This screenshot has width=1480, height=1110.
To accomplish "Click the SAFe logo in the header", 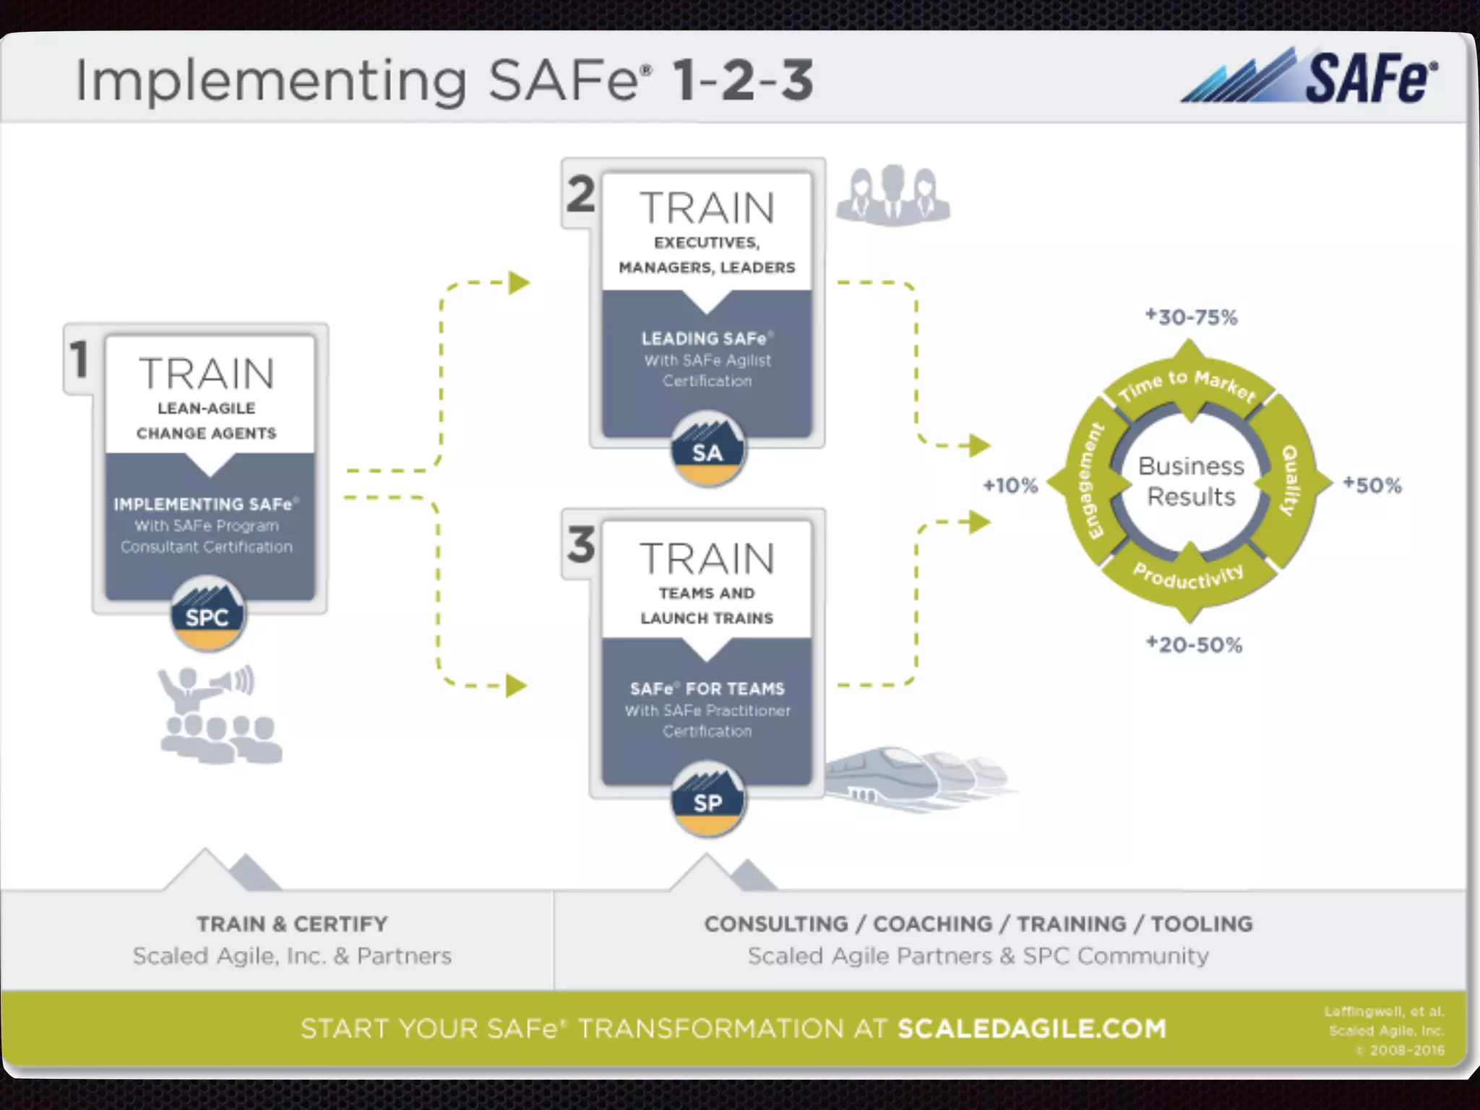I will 1309,78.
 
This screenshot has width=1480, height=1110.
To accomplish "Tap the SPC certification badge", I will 207,614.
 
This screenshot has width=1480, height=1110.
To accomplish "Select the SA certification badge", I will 707,450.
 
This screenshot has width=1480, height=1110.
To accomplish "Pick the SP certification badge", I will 707,799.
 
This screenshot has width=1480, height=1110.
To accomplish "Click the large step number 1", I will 79,359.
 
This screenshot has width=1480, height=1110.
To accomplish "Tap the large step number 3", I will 581,544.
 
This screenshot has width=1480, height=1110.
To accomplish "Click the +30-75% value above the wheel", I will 1191,317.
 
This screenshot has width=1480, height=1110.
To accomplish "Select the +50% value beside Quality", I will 1372,485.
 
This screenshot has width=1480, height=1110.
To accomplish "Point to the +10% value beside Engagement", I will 1010,486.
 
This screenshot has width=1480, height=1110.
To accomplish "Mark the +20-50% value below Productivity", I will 1194,645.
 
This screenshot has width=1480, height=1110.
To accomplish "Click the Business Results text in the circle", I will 1191,481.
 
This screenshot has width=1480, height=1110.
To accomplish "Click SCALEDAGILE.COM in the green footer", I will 1031,1028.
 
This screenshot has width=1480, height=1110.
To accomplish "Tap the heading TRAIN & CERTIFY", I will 292,924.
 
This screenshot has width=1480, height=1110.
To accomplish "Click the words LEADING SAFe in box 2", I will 704,338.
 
